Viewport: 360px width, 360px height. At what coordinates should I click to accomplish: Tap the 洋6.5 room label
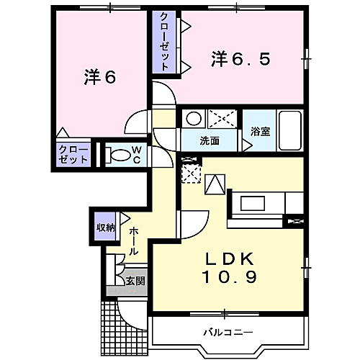[240, 60]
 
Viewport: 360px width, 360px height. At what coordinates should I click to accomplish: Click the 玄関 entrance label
[135, 280]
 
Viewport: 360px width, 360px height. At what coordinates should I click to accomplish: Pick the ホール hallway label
[134, 241]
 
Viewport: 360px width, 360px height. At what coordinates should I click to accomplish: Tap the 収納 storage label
[106, 228]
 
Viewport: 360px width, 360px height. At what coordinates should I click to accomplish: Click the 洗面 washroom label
[210, 140]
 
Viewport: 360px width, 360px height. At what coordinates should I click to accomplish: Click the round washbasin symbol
[193, 119]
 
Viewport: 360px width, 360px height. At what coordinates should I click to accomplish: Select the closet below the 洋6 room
[73, 155]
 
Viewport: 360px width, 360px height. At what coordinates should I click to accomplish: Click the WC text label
[135, 156]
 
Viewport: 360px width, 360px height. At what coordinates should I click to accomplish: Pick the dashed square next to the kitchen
[191, 174]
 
